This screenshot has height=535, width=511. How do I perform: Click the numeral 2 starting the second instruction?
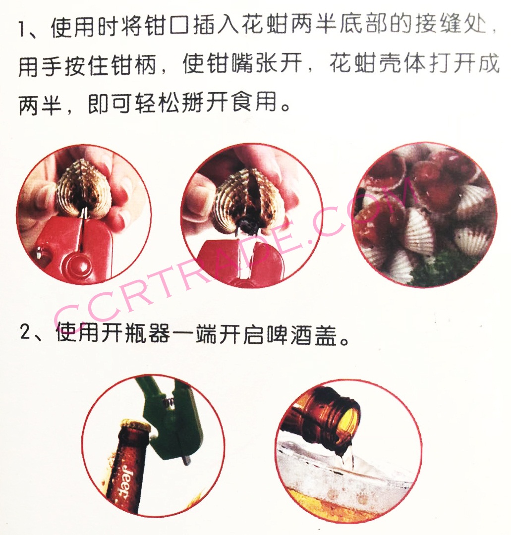25,331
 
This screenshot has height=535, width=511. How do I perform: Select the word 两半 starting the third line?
40,103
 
